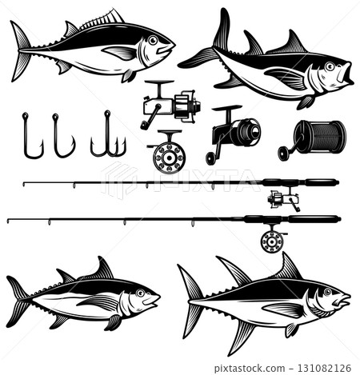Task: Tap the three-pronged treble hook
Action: click(x=107, y=138)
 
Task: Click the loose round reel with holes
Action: click(x=168, y=155)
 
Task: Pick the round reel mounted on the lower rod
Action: click(x=274, y=239)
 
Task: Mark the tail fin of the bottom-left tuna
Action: click(x=19, y=300)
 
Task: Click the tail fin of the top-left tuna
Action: click(x=21, y=50)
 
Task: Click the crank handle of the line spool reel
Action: click(x=284, y=152)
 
